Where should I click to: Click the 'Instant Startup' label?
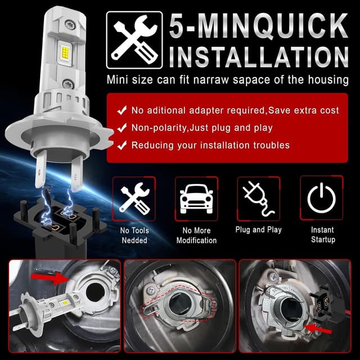click(322, 235)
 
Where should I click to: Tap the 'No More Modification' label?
click(196, 235)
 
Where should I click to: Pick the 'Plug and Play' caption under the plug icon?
click(258, 229)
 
